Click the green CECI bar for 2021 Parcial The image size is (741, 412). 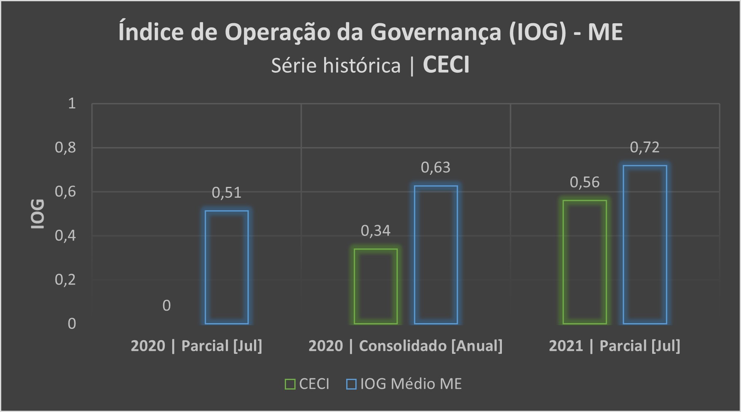point(584,262)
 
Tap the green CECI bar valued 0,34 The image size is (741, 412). point(376,286)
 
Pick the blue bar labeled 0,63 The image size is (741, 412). point(436,255)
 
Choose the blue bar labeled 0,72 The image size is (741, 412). point(645,245)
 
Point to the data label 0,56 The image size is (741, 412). point(584,182)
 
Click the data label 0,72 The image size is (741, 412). point(645,147)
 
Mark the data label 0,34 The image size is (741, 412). point(376,231)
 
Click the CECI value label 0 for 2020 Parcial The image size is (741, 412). point(166,306)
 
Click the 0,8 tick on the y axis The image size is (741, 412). point(66,147)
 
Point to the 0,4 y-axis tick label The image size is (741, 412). point(66,235)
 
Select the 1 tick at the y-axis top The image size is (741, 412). point(72,103)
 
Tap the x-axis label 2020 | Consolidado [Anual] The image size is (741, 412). point(405,346)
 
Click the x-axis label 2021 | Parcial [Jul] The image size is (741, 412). point(614,346)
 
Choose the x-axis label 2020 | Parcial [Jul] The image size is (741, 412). point(196,346)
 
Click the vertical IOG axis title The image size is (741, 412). point(38,214)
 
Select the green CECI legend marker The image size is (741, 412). point(290,384)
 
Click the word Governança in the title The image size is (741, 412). point(435,32)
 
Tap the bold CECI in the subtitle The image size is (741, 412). point(446,65)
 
